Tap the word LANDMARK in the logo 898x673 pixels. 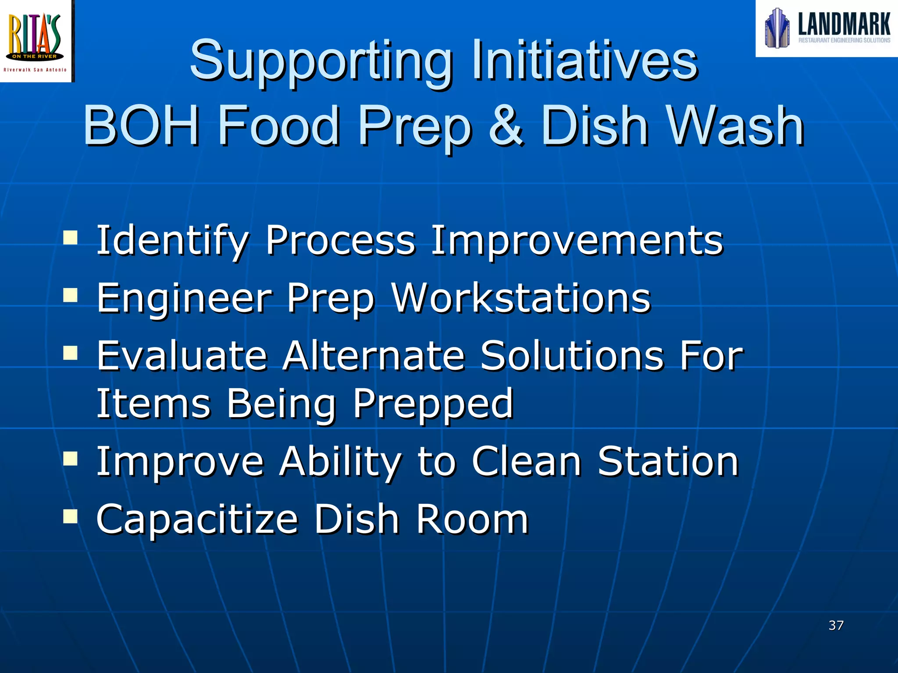click(844, 24)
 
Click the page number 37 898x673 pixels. click(836, 625)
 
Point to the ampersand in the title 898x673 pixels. click(506, 126)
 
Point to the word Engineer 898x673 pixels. click(184, 299)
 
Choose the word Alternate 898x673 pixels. click(373, 356)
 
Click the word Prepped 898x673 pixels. click(433, 404)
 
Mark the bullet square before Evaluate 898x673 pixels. click(70, 353)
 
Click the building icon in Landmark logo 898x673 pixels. click(777, 28)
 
